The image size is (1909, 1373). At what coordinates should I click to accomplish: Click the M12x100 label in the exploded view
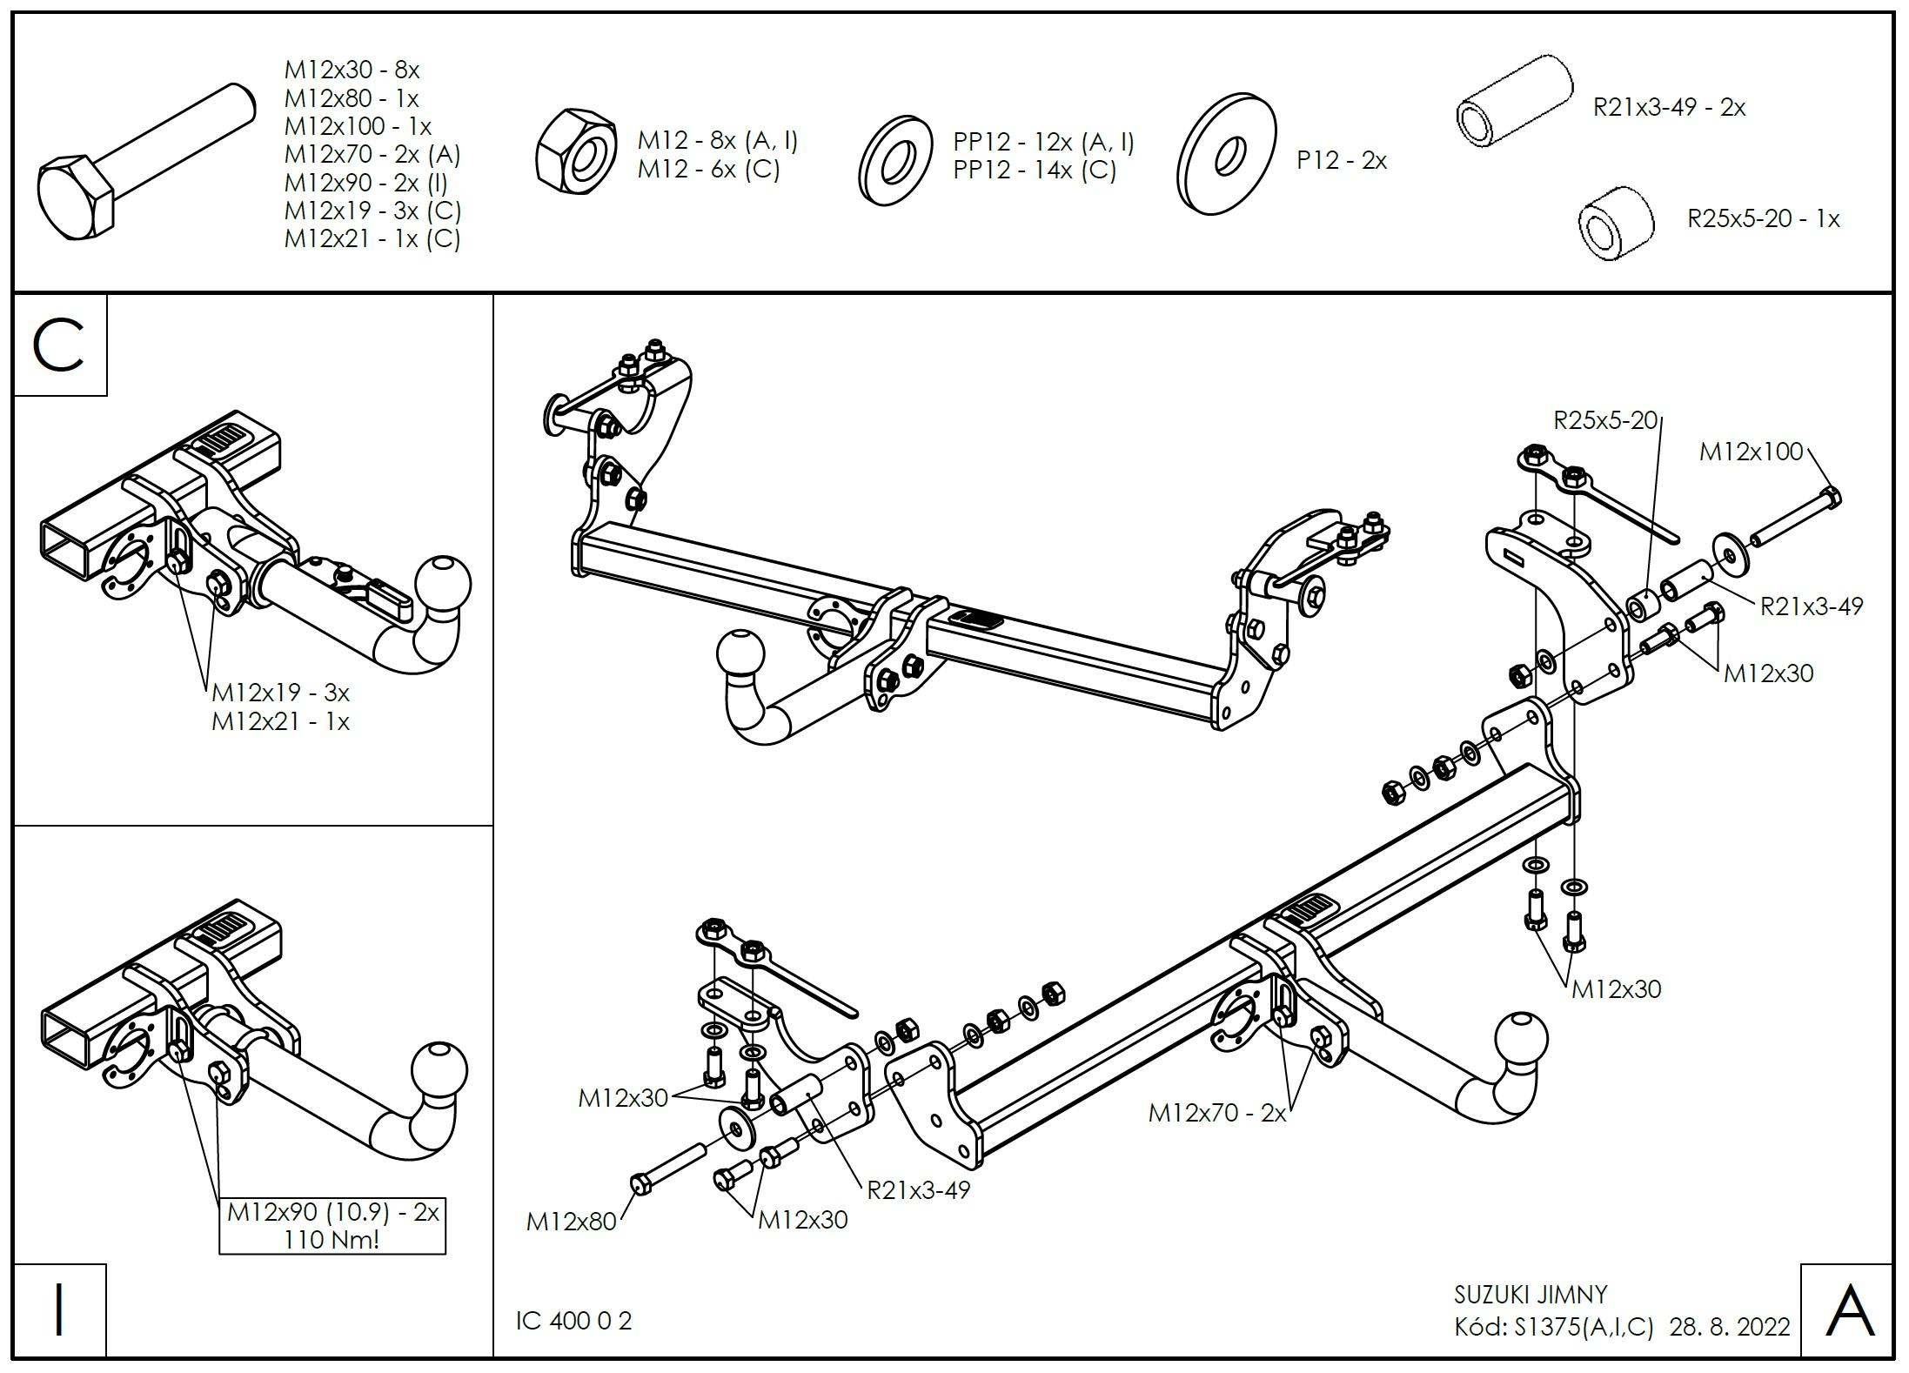1751,452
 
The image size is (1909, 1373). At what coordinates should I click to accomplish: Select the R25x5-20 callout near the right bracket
1605,420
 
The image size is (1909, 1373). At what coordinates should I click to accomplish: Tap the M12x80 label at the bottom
571,1222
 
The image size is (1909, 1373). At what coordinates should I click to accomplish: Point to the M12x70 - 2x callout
1216,1113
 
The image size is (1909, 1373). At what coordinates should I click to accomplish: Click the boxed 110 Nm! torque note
332,1239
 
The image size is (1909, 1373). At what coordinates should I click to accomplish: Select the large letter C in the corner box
59,345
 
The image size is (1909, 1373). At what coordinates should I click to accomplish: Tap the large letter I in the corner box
59,1310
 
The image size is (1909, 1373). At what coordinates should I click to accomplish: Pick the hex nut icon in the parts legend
574,154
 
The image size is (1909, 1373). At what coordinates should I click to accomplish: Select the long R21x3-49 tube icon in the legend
1514,103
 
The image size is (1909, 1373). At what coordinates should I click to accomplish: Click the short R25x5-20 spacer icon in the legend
1614,224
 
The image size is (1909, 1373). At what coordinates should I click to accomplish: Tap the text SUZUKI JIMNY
1531,1295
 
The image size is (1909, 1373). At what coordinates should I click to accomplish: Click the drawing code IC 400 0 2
574,1321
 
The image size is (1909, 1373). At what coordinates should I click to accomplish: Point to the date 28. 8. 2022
1730,1327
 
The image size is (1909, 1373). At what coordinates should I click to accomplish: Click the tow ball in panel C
443,583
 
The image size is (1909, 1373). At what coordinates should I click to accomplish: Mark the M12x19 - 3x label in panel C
280,693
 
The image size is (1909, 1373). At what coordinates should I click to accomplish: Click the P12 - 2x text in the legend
1341,161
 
